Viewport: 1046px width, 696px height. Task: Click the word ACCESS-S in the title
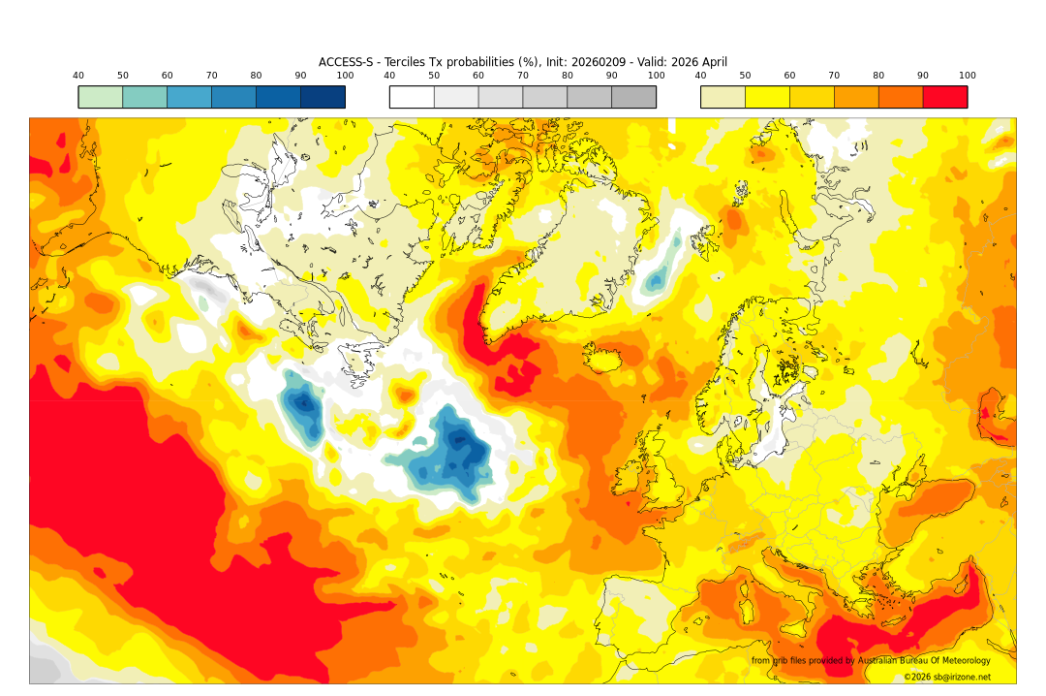345,62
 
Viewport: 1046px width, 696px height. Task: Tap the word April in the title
712,62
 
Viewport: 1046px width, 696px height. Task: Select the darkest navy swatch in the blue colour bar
323,97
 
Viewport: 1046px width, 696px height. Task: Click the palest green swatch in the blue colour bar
101,97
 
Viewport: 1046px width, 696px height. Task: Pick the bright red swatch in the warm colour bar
944,97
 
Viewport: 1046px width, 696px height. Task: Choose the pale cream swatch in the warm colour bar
723,97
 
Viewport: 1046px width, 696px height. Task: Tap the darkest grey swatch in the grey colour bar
633,97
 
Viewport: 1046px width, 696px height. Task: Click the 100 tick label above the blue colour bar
345,76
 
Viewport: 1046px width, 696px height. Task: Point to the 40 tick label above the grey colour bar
389,76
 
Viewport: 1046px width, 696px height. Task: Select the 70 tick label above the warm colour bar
834,76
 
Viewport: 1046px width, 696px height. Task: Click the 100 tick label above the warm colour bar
967,76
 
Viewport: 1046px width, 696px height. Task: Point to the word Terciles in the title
408,62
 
